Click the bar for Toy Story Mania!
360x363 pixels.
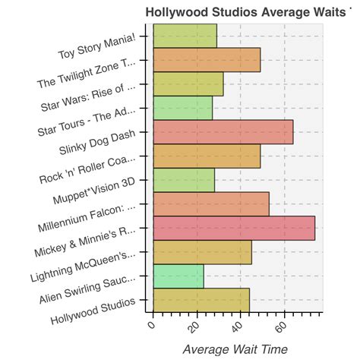click(185, 36)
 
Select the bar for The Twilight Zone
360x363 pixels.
click(207, 60)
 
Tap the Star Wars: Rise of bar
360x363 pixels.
click(188, 84)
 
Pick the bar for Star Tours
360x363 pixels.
click(182, 108)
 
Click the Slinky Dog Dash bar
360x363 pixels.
click(223, 132)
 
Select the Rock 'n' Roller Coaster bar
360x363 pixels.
click(207, 156)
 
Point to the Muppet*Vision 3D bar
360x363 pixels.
click(184, 180)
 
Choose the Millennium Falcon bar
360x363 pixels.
click(211, 204)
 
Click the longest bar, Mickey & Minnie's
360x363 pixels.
click(234, 228)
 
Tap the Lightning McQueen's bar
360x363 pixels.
click(202, 252)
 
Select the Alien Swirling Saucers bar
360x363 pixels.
click(178, 276)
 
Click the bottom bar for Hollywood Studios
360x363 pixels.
click(201, 300)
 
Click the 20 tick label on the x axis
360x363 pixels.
click(193, 327)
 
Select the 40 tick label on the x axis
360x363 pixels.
click(237, 327)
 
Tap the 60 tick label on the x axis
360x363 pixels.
click(281, 327)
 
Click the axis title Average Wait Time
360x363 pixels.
click(235, 349)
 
